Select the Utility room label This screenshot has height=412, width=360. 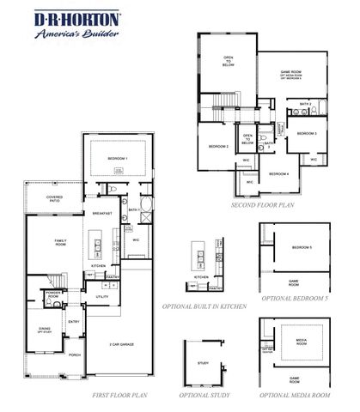pyautogui.click(x=101, y=296)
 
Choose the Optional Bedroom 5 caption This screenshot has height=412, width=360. pyautogui.click(x=294, y=298)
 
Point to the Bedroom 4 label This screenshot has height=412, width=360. pyautogui.click(x=278, y=174)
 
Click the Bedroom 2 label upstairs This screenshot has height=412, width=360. pyautogui.click(x=217, y=147)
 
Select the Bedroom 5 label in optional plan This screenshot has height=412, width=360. pyautogui.click(x=301, y=248)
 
